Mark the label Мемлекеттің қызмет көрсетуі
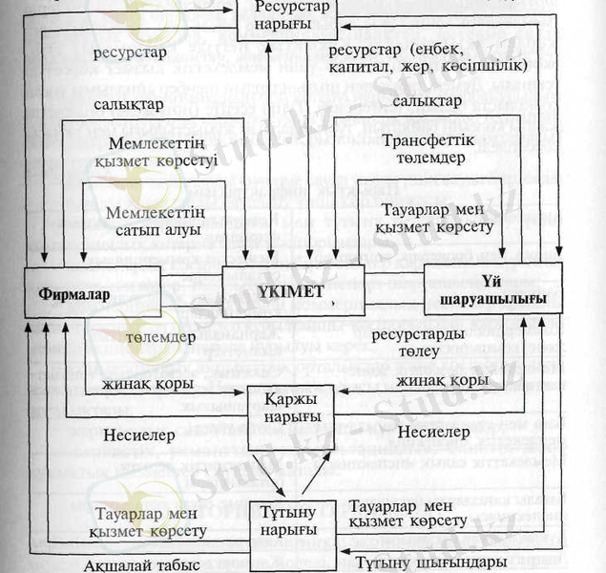(156, 153)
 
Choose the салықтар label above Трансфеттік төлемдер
(427, 100)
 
